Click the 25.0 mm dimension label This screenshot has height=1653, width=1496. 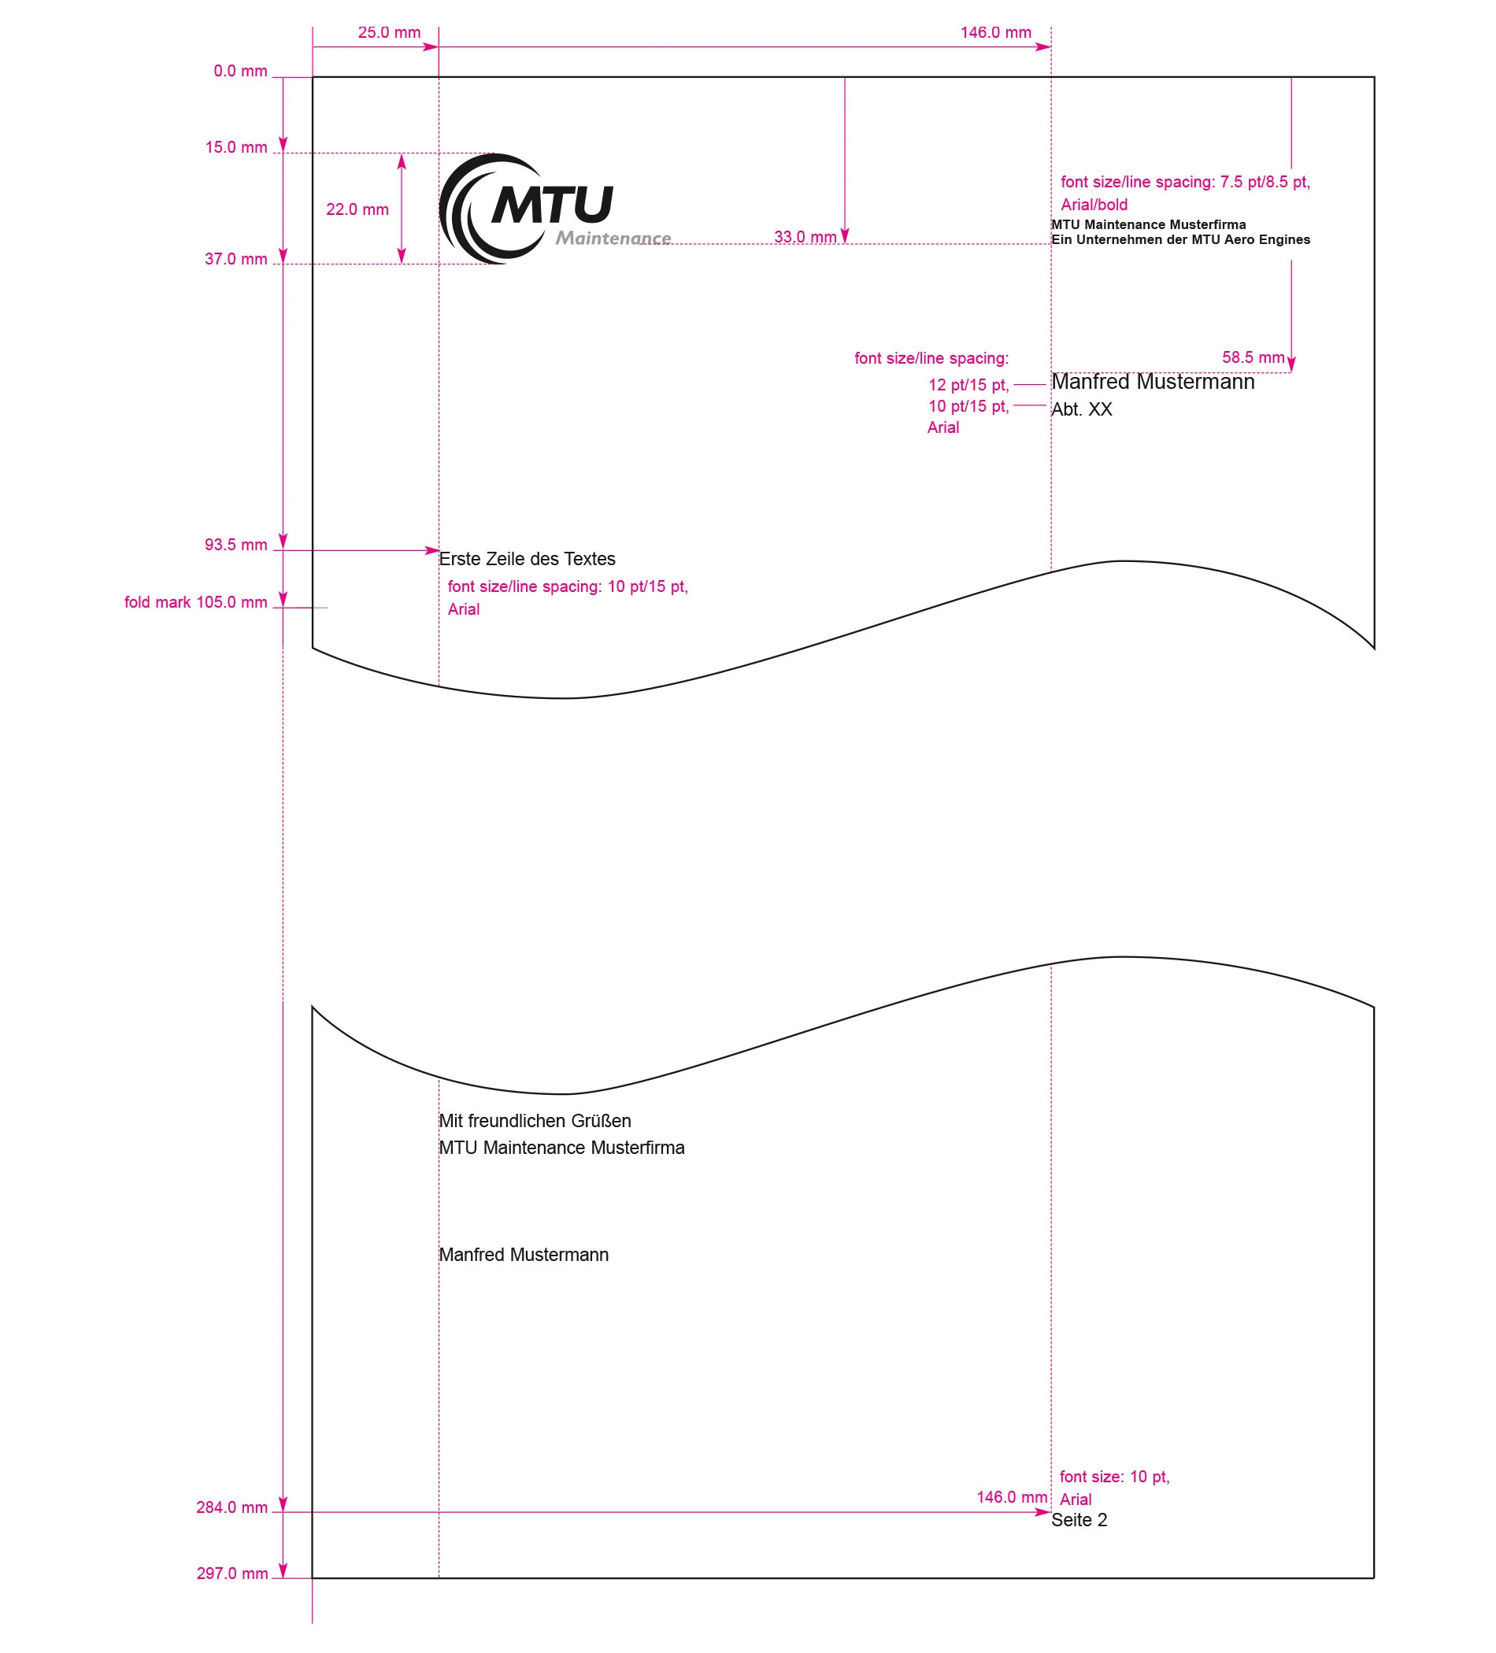(389, 33)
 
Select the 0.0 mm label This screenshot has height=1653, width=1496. (240, 72)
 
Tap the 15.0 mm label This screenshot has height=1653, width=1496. (236, 148)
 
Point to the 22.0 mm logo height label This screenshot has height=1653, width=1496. (357, 210)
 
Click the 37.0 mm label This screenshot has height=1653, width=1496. (236, 259)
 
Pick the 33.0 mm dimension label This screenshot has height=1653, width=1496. (805, 237)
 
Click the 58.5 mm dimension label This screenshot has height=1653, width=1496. (1253, 357)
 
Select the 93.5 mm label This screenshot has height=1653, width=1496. (236, 545)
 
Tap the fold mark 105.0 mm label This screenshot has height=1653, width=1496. (196, 603)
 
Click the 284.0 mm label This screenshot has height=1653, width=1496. (232, 1508)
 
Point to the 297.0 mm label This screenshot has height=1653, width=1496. (232, 1573)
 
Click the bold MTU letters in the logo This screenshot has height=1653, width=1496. (552, 205)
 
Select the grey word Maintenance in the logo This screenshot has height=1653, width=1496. (613, 239)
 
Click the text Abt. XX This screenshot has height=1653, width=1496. (1081, 410)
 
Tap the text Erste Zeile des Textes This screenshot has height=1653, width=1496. (527, 559)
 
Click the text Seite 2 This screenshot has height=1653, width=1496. (1079, 1520)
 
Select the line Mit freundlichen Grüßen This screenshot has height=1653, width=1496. (535, 1121)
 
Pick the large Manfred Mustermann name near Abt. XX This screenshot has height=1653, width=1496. (1153, 382)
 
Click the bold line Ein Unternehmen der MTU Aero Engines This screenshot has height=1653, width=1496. (1180, 240)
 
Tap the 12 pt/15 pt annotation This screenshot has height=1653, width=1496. (968, 386)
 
